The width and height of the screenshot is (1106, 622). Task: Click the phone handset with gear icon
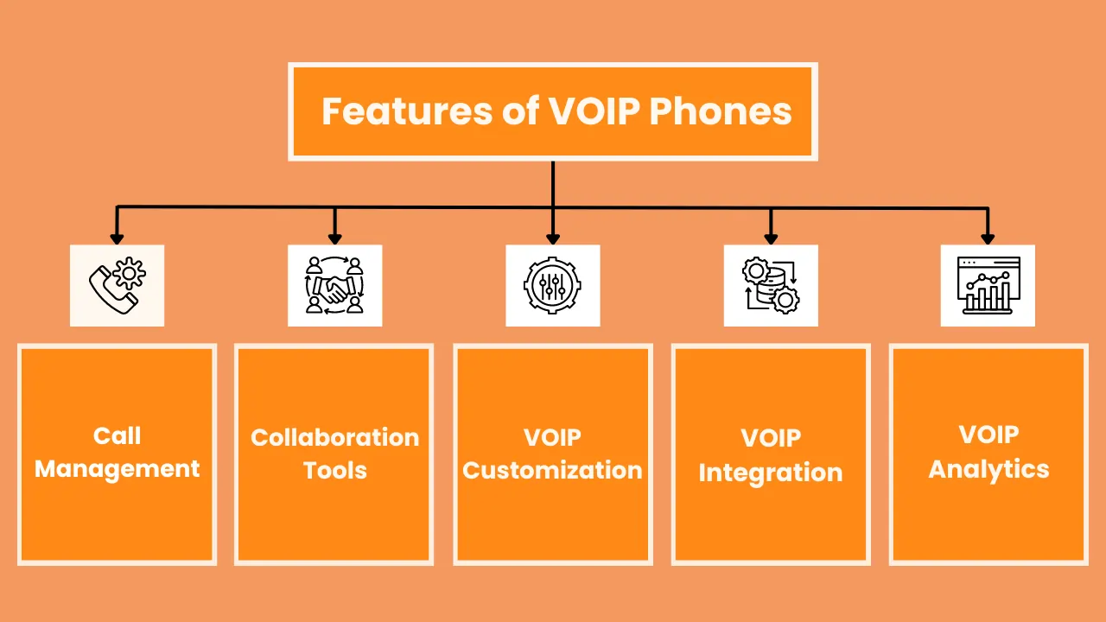pyautogui.click(x=117, y=285)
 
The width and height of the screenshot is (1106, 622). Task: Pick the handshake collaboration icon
pyautogui.click(x=334, y=285)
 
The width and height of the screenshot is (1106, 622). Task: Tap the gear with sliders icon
pyautogui.click(x=553, y=285)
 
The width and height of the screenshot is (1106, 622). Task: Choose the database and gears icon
pyautogui.click(x=771, y=285)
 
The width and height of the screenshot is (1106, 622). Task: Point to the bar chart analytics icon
pyautogui.click(x=988, y=285)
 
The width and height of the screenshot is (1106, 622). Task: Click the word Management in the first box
pyautogui.click(x=117, y=469)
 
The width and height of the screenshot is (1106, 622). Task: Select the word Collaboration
pyautogui.click(x=334, y=437)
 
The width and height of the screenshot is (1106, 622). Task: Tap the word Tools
pyautogui.click(x=334, y=471)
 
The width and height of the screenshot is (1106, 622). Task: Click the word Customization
pyautogui.click(x=553, y=471)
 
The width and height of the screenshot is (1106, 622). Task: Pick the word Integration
pyautogui.click(x=771, y=473)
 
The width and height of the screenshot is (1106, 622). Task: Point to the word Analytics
pyautogui.click(x=988, y=469)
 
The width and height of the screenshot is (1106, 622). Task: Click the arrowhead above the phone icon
pyautogui.click(x=117, y=238)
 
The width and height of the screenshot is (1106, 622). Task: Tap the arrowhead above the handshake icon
pyautogui.click(x=334, y=238)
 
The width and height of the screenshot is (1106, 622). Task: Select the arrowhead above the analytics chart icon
pyautogui.click(x=988, y=238)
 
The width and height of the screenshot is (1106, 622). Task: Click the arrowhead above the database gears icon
pyautogui.click(x=771, y=238)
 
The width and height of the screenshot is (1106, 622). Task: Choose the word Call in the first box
pyautogui.click(x=117, y=436)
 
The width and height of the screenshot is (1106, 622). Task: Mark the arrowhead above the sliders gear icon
pyautogui.click(x=553, y=238)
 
